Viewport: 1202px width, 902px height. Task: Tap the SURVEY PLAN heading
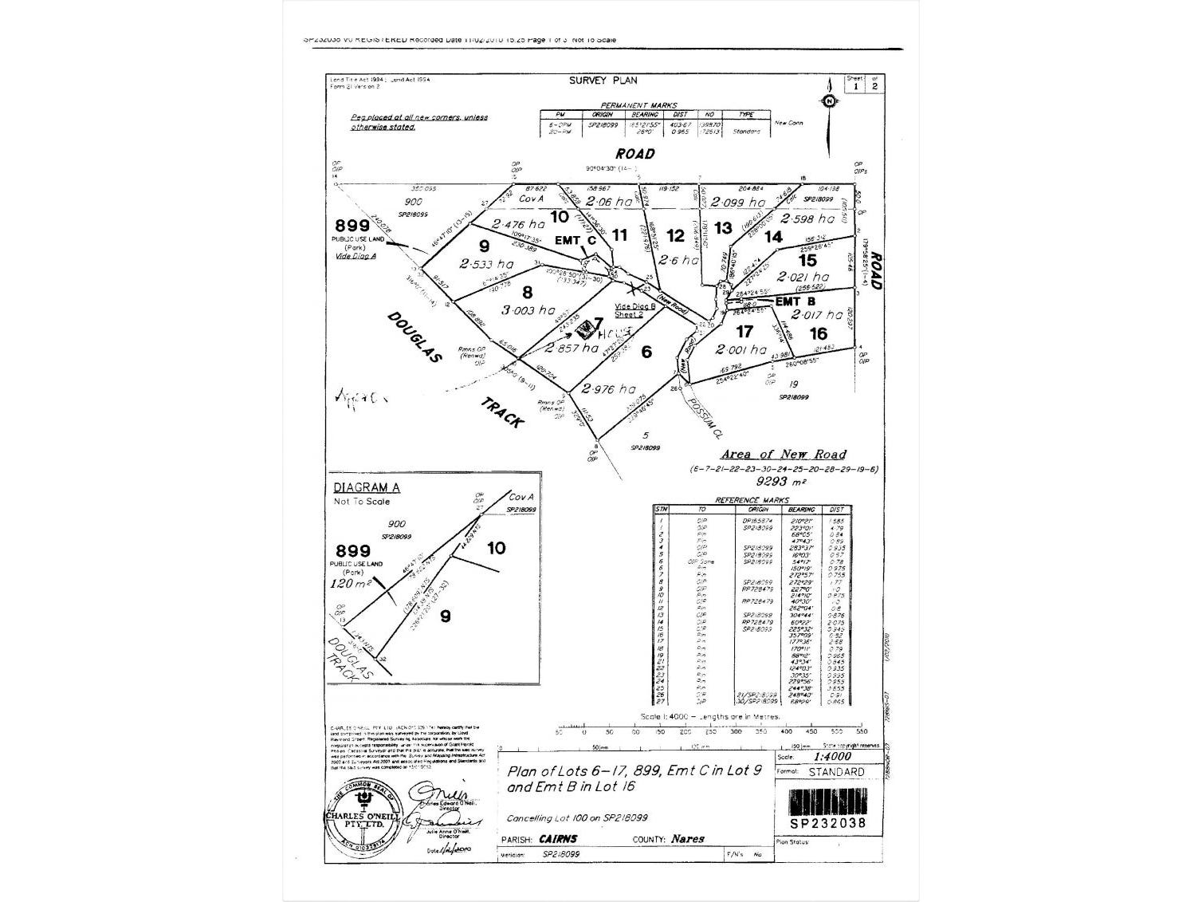(603, 81)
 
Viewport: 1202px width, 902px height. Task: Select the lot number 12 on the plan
(675, 235)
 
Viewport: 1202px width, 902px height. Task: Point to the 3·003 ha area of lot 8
(528, 310)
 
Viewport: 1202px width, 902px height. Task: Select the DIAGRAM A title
(367, 488)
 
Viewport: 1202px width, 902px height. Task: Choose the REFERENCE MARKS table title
(752, 500)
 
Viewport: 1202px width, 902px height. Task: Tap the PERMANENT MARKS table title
(638, 105)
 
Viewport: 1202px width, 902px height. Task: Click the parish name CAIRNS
(558, 839)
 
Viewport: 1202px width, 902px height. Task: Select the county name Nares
(687, 839)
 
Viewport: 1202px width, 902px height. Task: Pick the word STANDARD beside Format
(835, 772)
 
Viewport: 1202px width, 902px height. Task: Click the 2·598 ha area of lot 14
(807, 219)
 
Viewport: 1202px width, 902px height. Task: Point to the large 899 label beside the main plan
(353, 226)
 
